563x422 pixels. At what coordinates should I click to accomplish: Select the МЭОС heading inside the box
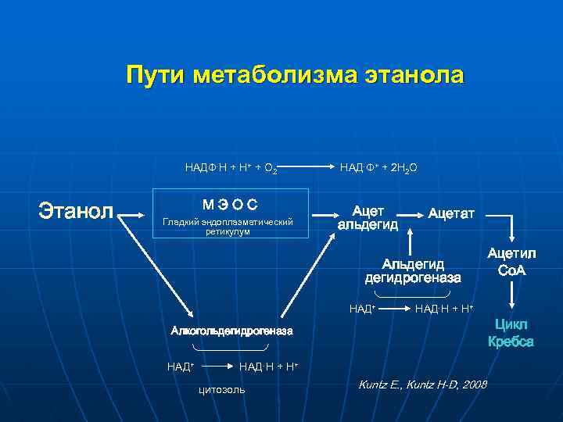(x=228, y=205)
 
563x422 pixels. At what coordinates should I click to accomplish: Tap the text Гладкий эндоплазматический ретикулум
(x=228, y=227)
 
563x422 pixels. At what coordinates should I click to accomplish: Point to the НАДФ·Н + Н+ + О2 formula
(x=231, y=167)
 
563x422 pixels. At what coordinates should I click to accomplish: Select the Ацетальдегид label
(x=368, y=218)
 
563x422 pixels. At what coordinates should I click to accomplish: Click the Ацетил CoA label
(x=511, y=261)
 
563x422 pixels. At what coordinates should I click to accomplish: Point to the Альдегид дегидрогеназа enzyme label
(x=413, y=270)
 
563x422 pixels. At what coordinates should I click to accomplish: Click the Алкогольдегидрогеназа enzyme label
(x=231, y=331)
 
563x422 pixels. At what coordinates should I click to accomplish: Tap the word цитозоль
(x=223, y=388)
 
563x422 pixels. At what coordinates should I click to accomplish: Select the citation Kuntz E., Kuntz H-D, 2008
(x=421, y=384)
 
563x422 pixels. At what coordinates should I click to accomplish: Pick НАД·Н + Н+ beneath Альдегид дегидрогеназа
(x=444, y=309)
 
